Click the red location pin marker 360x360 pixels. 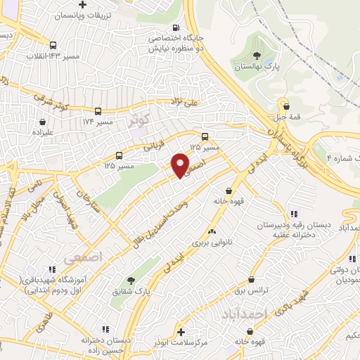pyautogui.click(x=180, y=165)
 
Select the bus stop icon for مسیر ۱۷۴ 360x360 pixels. pyautogui.click(x=98, y=111)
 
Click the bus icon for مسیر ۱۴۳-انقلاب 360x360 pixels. pyautogui.click(x=53, y=44)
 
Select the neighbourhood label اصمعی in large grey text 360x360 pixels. pyautogui.click(x=83, y=258)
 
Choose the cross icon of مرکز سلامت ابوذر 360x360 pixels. pyautogui.click(x=181, y=331)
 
